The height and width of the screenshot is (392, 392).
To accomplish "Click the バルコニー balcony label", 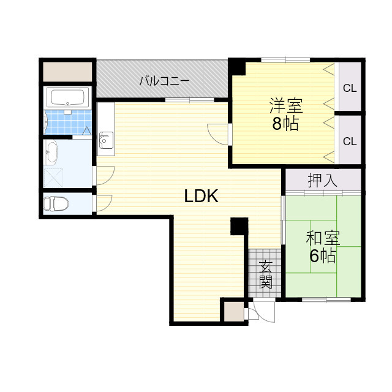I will click(x=164, y=80).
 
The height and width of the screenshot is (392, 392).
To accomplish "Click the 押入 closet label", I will click(x=322, y=181).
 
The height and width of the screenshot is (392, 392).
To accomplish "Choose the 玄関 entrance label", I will click(x=265, y=274).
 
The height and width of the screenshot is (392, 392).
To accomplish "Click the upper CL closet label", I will click(x=350, y=88).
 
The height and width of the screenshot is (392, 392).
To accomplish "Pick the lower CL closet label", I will click(x=350, y=141).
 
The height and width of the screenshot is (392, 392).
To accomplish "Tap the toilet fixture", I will click(x=58, y=203).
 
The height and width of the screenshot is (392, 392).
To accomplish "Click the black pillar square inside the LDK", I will click(x=239, y=226).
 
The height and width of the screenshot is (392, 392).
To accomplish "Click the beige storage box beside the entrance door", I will click(x=232, y=311).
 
